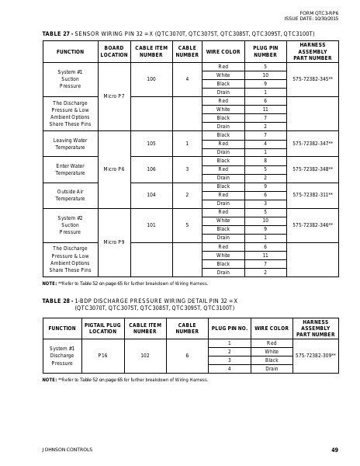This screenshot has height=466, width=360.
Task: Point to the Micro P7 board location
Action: coord(114,96)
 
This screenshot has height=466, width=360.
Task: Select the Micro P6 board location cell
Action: coord(114,169)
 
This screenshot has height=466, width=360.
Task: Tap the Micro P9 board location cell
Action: coord(114,242)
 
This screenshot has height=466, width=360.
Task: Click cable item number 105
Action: coord(151,144)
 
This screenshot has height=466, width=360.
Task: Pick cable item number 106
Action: coord(151,169)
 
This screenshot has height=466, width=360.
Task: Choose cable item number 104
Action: coord(151,195)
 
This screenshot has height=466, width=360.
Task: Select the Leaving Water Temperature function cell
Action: coord(70,144)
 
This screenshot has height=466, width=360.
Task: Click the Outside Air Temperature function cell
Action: coord(70,195)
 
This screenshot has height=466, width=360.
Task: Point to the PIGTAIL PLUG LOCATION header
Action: coord(102,329)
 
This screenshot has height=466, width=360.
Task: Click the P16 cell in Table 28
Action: coord(102,356)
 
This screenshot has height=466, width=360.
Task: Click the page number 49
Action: coord(334,450)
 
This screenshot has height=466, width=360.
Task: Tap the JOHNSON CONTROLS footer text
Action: coord(67,450)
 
